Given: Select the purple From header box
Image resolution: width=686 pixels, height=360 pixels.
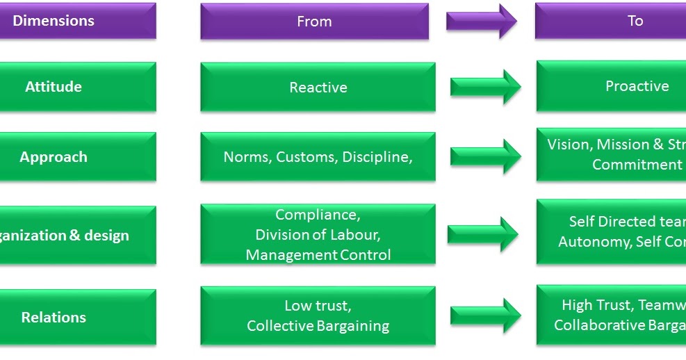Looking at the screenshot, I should (314, 22).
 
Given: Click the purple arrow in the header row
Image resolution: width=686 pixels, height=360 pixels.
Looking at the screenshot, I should (482, 22).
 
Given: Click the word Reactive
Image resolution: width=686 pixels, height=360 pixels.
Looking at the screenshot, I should (318, 88).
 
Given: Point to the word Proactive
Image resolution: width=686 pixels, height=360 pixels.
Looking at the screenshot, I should (637, 86).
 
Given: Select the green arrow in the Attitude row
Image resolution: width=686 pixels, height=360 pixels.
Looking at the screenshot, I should (486, 87).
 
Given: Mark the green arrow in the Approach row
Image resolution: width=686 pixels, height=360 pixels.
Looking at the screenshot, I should (486, 156).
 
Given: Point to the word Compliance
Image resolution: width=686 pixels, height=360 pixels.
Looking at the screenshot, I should (318, 215).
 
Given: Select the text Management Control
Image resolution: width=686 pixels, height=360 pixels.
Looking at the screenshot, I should (318, 255).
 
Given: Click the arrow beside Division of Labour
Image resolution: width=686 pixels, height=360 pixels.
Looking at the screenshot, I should (483, 235).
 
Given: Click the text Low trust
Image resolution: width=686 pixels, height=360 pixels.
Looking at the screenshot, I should (318, 305).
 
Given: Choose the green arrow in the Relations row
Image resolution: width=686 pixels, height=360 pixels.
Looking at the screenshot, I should (486, 316).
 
